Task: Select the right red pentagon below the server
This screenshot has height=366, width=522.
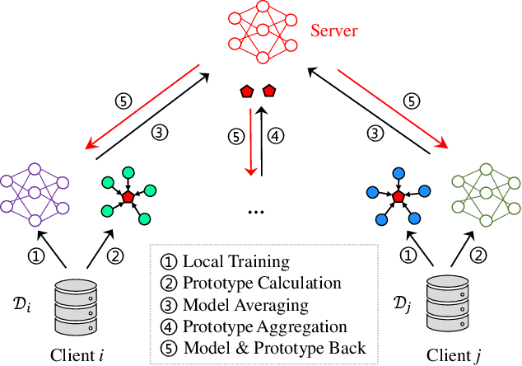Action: tap(268, 89)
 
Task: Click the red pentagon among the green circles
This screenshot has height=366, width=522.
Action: tap(126, 198)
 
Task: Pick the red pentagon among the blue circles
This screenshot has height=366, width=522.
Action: tap(398, 198)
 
